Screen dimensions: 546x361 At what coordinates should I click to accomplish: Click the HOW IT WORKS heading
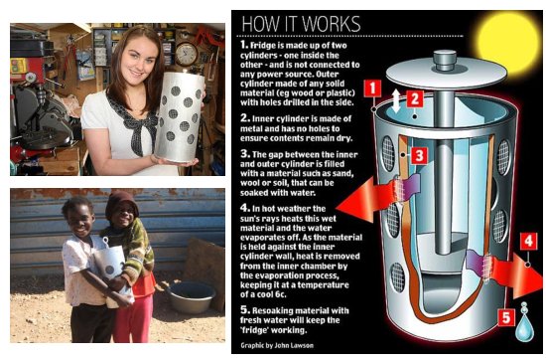pos(301,24)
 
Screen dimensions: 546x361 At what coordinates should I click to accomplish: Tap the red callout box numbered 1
pos(372,89)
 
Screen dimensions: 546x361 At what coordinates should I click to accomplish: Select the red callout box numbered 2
pos(414,99)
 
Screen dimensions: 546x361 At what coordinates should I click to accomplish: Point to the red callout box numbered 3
pos(419,155)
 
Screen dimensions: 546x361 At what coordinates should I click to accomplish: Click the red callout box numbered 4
pos(528,242)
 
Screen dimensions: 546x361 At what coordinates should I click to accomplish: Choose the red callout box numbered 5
pos(506,317)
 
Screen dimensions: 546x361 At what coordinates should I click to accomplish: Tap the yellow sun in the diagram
pos(509,42)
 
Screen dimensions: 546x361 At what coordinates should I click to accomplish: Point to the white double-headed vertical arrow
pos(395,100)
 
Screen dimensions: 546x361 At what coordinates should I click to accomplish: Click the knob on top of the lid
pos(445,60)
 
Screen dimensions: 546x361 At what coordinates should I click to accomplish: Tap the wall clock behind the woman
pos(187,54)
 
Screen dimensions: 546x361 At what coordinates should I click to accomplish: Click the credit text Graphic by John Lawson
pos(277,345)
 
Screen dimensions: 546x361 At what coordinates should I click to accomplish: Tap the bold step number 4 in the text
pos(245,208)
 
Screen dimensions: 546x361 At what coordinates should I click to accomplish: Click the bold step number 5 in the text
pos(245,309)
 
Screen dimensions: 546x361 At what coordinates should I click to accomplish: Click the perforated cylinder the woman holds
pos(179,116)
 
